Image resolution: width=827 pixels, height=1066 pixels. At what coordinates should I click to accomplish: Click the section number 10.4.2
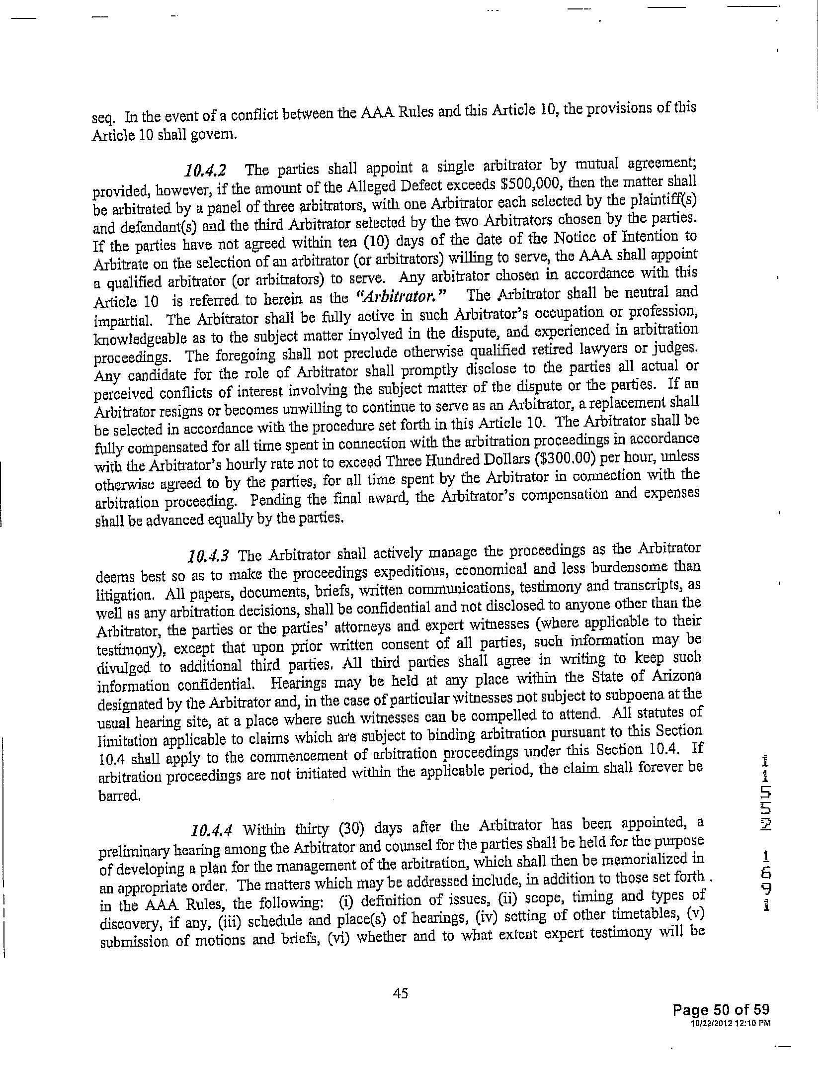coord(205,171)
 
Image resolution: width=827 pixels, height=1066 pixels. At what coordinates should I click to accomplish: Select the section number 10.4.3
coord(209,554)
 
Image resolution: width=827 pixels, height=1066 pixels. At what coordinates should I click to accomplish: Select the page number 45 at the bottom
coord(400,993)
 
